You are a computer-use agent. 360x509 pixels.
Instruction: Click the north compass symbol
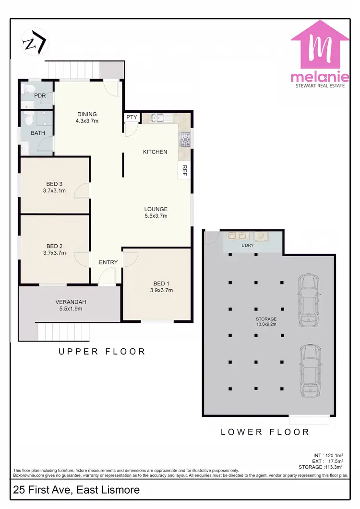click(x=35, y=42)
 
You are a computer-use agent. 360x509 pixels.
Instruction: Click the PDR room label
click(x=40, y=95)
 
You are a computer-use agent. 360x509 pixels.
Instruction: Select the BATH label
click(x=38, y=132)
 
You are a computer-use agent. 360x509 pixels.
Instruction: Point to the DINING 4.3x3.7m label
click(x=87, y=118)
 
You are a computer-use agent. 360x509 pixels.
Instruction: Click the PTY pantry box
click(x=132, y=117)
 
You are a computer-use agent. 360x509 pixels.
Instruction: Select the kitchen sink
click(x=157, y=118)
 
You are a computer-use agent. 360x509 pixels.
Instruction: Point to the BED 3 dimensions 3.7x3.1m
click(x=54, y=190)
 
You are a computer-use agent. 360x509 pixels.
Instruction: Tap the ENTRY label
click(x=108, y=262)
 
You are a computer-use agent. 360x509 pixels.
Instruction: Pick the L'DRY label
click(x=247, y=245)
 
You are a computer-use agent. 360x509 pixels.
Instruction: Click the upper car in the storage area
click(x=308, y=299)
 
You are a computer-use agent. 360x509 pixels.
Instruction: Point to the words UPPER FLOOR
click(x=102, y=352)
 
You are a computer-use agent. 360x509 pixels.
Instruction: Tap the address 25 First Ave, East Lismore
click(x=77, y=490)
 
